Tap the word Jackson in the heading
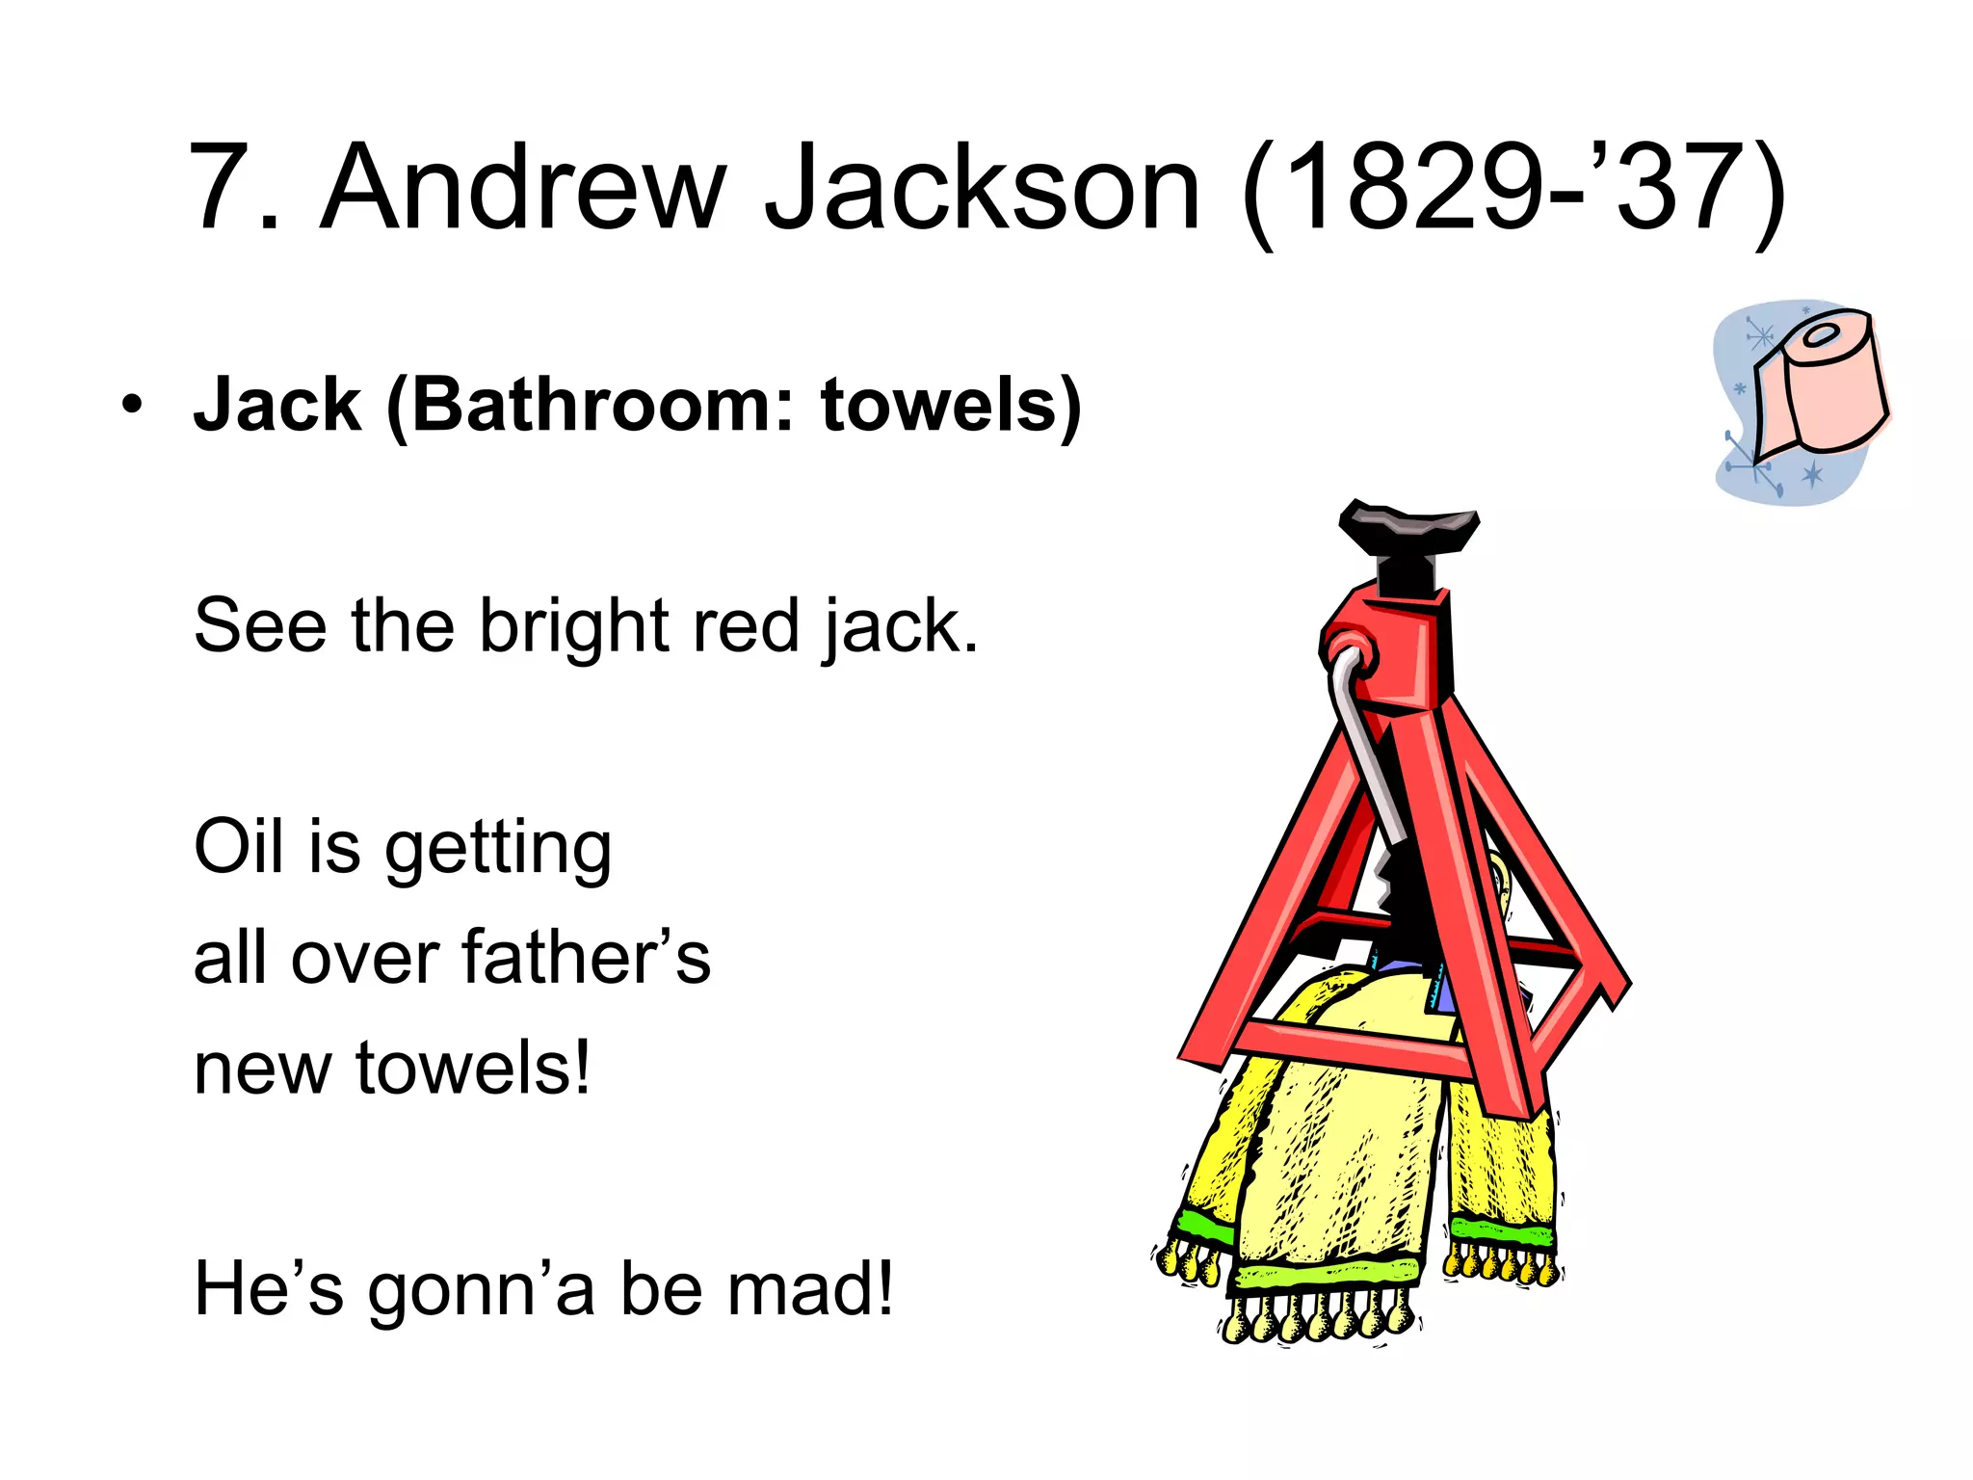(983, 188)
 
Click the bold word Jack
(277, 406)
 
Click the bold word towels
(939, 406)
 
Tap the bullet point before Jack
(132, 405)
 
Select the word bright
(574, 627)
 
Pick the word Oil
(239, 847)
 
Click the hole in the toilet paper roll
(1821, 336)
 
